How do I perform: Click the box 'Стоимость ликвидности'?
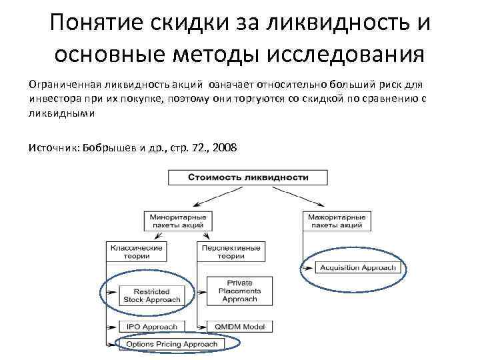247,177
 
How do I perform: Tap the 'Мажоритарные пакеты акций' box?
335,221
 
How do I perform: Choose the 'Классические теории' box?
136,251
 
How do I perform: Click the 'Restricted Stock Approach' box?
151,295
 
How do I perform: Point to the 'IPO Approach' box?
151,327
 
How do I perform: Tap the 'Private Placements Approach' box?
239,291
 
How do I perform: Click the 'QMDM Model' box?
239,327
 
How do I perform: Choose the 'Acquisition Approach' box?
357,268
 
